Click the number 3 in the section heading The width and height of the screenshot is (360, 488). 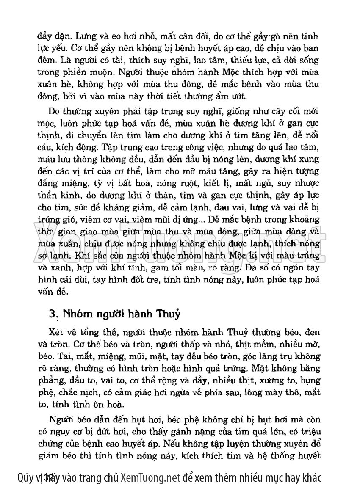coord(53,314)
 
